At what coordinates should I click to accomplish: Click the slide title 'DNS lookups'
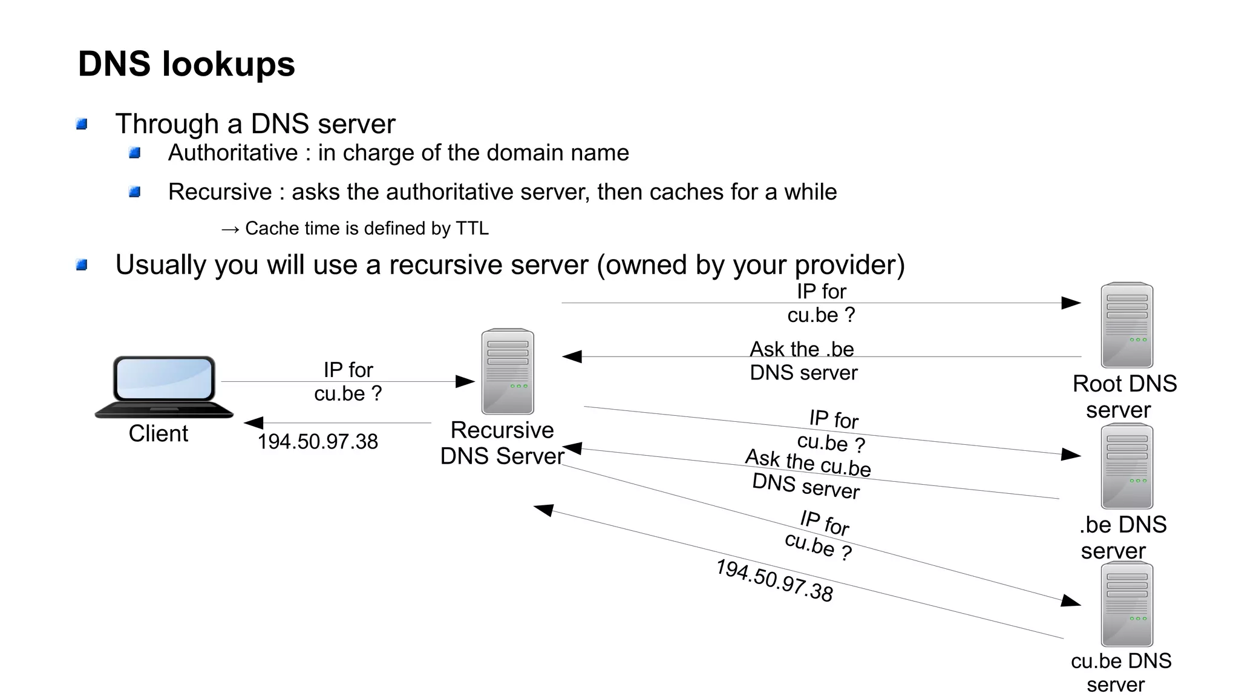tap(186, 64)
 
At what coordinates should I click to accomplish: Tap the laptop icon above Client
tap(164, 387)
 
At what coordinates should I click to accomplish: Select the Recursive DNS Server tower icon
tap(508, 371)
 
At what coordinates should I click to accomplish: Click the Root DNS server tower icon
tap(1126, 325)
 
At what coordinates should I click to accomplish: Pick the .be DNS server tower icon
tap(1126, 466)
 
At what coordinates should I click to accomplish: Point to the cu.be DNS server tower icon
tap(1126, 604)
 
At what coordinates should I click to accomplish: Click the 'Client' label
tap(158, 434)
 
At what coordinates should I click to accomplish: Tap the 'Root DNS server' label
tap(1123, 396)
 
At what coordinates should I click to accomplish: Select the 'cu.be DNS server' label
tap(1120, 672)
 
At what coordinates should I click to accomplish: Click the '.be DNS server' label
tap(1122, 537)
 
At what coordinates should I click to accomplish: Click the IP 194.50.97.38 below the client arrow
tap(318, 442)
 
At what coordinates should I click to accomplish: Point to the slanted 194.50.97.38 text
tap(774, 580)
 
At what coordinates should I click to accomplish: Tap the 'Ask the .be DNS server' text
tap(803, 361)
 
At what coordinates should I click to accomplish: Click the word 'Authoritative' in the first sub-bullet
tap(233, 153)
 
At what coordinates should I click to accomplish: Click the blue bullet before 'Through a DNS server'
tap(82, 125)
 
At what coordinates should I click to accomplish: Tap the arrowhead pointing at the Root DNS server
tap(1071, 303)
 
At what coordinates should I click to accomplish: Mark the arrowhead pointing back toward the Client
tap(253, 422)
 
